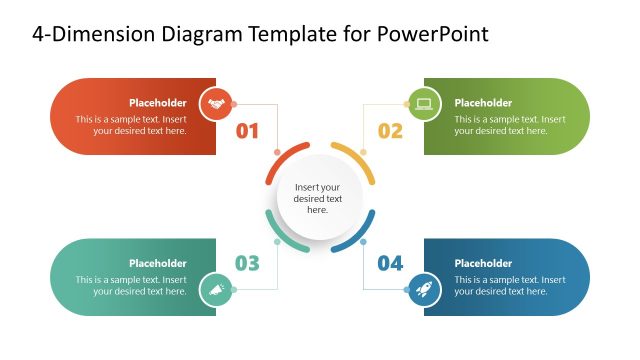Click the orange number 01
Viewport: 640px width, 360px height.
[x=247, y=130]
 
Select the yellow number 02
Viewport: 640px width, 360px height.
[x=390, y=130]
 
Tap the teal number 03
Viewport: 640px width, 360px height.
[x=247, y=263]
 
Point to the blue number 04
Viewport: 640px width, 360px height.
[x=390, y=263]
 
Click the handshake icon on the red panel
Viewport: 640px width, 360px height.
[x=216, y=103]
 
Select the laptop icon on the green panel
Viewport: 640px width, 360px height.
[x=423, y=103]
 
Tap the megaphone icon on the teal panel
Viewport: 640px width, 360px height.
[x=216, y=290]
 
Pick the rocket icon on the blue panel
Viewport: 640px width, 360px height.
[x=423, y=290]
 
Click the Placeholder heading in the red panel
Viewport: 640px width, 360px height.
[x=157, y=103]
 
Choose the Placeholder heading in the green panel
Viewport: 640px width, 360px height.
[x=483, y=103]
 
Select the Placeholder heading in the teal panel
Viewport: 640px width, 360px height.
[x=157, y=263]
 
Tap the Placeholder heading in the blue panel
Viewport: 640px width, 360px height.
[x=483, y=263]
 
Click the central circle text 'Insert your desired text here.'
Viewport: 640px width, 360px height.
[x=318, y=198]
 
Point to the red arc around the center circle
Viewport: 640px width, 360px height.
[x=284, y=160]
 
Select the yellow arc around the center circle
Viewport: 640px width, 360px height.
[x=355, y=161]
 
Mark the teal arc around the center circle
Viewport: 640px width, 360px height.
[x=283, y=236]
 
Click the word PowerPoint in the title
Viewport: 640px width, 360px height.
[x=433, y=35]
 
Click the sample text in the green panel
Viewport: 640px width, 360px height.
[x=510, y=125]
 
